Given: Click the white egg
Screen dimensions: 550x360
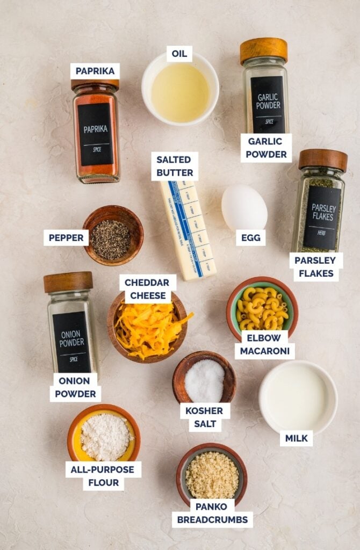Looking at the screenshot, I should [x=244, y=207].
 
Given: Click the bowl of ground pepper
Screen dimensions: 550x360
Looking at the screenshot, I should [x=113, y=236].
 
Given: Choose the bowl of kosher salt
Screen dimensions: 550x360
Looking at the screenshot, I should [x=205, y=379].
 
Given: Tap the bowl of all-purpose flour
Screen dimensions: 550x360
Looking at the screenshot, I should [x=104, y=435].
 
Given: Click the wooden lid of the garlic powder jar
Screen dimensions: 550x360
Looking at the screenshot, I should [x=264, y=50].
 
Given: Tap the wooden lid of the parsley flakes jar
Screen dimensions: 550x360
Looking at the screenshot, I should [x=323, y=160].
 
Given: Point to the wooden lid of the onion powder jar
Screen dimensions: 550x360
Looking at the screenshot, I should [x=68, y=282].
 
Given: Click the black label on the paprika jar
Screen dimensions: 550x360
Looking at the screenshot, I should [x=95, y=134].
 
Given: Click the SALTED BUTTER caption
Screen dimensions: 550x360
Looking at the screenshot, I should [x=175, y=166].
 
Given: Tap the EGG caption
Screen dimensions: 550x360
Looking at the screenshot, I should [x=250, y=237].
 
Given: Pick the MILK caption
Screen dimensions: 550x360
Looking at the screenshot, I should [x=296, y=438].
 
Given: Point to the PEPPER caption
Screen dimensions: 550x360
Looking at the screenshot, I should [x=66, y=237].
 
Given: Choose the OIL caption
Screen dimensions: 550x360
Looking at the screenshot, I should [x=179, y=54].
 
